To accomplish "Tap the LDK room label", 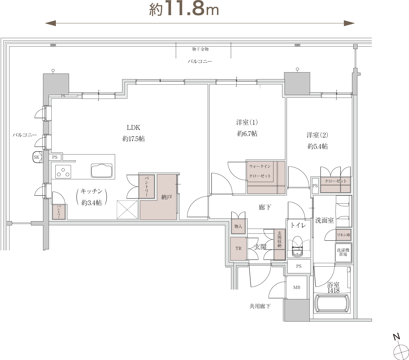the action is tap(133, 128).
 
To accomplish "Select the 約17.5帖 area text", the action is tap(133, 139).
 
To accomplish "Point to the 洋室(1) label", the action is tap(247, 122).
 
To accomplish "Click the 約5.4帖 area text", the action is tap(317, 146).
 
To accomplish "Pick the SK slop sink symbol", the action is tap(37, 157).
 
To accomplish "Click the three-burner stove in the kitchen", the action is tap(63, 172).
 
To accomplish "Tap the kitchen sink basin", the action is tap(102, 170).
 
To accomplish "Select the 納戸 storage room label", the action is tap(166, 197).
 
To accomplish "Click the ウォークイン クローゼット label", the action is tap(260, 171).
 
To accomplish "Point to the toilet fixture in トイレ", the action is tap(298, 246).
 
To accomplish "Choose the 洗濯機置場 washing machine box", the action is tap(343, 253).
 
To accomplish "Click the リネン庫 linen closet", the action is tap(343, 235).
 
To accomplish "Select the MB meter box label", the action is tap(297, 287).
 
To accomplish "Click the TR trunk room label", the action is tap(238, 248).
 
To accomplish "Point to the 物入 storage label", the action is tap(238, 226).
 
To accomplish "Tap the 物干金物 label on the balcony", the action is tap(200, 49).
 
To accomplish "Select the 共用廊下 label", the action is tap(260, 306).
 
